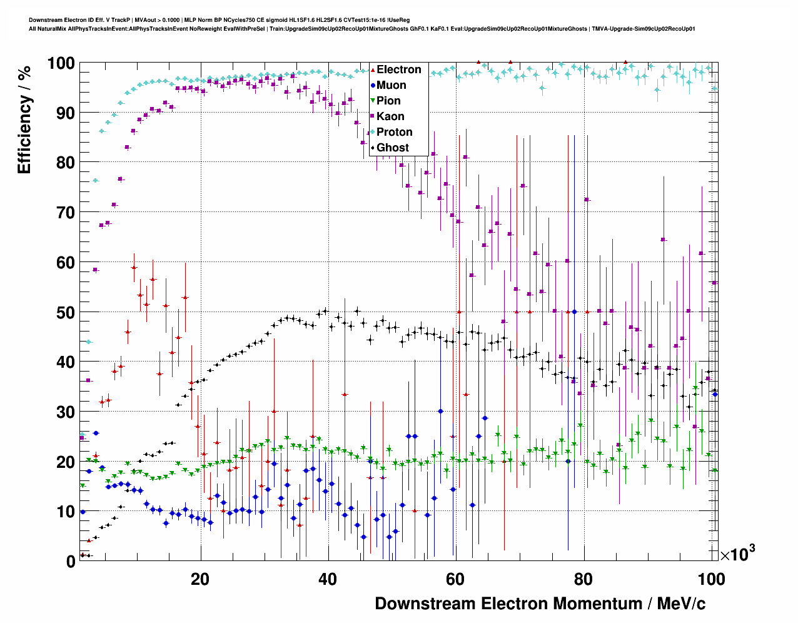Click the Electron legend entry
(398, 69)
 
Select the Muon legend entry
(391, 85)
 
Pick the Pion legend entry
(388, 101)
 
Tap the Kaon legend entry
(390, 116)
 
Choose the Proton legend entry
(394, 132)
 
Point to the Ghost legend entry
(392, 148)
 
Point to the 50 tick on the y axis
(66, 312)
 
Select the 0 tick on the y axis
(71, 561)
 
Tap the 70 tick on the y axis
(66, 213)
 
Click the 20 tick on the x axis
(200, 579)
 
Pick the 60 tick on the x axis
(455, 579)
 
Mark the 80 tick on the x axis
(583, 579)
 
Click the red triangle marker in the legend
(373, 70)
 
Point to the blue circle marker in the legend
(373, 86)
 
